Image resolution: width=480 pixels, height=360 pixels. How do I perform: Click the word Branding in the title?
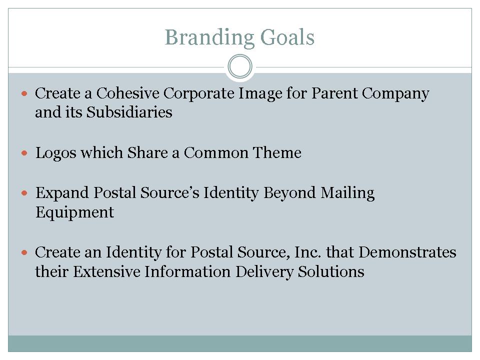[x=209, y=38]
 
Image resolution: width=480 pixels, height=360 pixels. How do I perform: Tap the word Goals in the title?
[x=287, y=37]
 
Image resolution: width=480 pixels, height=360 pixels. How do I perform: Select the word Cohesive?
[x=127, y=93]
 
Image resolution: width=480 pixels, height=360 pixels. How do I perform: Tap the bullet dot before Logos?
[x=24, y=153]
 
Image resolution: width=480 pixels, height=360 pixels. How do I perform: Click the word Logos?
[x=55, y=153]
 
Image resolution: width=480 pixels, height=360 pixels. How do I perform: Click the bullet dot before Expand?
[x=24, y=193]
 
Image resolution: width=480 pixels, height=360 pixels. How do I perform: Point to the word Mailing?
[x=347, y=193]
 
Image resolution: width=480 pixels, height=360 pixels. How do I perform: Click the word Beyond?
[x=289, y=193]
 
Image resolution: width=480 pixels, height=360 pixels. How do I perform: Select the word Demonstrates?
[x=407, y=252]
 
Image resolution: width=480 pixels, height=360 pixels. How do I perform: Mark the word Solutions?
[x=331, y=271]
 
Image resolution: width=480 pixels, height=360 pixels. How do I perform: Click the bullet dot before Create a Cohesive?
[x=24, y=93]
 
